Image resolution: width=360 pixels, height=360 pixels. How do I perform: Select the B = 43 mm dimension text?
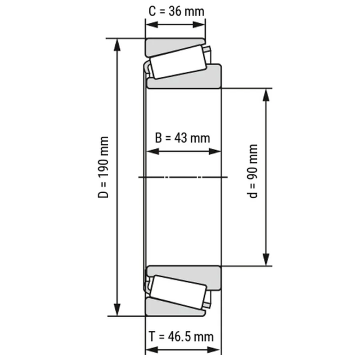coord(183,137)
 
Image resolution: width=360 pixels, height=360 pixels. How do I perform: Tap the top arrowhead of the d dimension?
coord(266,94)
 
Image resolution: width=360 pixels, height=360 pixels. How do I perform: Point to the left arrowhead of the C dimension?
coord(150,25)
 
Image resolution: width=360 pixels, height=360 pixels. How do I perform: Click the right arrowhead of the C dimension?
coord(200,25)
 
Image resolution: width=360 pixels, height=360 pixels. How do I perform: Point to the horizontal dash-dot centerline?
coord(183,177)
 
